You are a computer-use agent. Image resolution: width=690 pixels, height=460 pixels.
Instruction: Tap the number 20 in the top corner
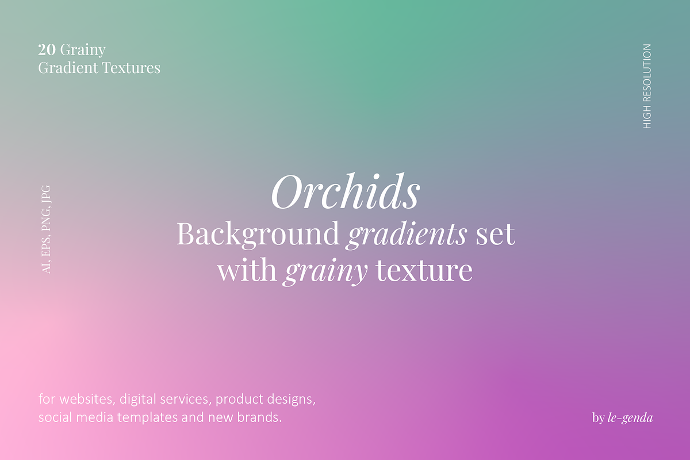47,50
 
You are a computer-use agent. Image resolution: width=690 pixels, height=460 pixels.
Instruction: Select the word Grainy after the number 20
83,51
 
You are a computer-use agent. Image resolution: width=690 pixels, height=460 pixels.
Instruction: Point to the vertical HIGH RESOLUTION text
647,86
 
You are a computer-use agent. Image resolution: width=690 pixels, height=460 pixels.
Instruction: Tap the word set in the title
495,235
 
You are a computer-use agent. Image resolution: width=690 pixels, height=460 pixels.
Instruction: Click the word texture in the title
424,270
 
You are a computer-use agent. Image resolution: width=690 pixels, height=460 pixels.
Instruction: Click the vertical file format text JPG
47,196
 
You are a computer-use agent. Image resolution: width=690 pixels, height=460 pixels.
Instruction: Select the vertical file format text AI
47,267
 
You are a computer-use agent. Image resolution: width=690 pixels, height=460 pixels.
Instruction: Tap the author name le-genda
630,418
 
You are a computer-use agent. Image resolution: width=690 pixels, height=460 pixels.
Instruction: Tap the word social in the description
53,417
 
